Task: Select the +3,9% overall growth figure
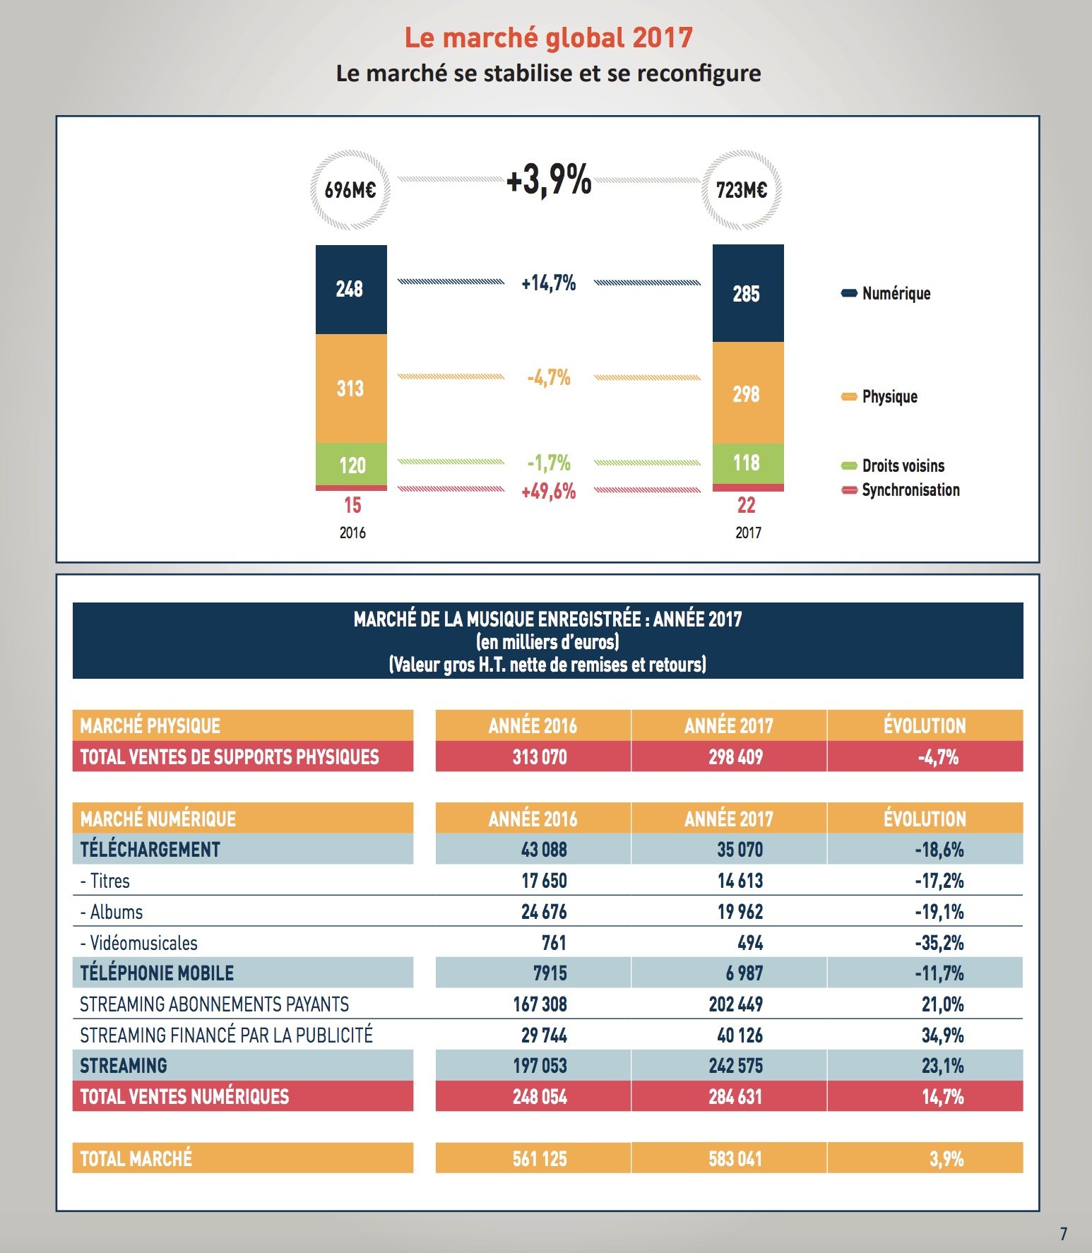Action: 549,179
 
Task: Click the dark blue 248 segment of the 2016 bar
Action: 351,290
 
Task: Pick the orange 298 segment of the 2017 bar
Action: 748,393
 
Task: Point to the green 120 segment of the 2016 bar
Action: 351,464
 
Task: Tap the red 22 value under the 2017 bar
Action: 747,505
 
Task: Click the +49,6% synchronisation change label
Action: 549,492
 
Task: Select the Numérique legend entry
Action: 886,293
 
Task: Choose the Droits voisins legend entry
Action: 893,465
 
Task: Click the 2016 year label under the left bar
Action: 352,533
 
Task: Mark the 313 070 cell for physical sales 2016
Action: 540,757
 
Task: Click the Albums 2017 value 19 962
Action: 740,912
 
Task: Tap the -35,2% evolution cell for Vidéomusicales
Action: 939,943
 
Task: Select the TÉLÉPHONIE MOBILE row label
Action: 157,973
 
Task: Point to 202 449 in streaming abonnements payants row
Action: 736,1004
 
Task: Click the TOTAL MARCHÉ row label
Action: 136,1158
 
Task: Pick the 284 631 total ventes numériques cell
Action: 735,1097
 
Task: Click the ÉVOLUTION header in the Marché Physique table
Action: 925,726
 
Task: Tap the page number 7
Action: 1064,1234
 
